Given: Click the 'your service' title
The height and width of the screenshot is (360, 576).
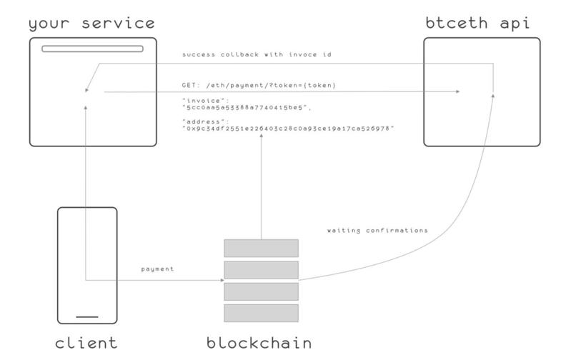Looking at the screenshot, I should tap(92, 23).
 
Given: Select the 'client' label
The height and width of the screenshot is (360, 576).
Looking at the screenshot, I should tap(86, 343).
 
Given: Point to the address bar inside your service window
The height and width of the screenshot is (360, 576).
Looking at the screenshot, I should tap(92, 49).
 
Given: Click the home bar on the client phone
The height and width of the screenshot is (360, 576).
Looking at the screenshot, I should tap(87, 316).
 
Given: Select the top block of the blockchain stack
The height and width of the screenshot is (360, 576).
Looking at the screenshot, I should tap(261, 248).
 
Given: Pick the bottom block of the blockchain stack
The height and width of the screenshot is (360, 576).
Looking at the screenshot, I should tap(261, 313).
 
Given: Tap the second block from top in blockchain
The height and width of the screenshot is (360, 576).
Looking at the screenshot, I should tap(261, 269).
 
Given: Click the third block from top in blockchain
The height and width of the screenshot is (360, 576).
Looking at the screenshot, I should tap(261, 291).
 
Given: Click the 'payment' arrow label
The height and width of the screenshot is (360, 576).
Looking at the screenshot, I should tap(158, 269).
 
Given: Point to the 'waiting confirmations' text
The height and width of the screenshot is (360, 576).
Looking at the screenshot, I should tap(377, 231).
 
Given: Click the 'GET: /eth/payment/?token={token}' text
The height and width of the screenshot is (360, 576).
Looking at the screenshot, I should tap(259, 85).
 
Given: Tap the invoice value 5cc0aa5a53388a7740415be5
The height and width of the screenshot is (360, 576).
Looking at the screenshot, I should tap(247, 106).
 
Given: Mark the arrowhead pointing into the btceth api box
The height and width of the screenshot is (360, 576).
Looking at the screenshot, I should tap(457, 91).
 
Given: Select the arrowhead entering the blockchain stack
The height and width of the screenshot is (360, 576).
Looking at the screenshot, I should tap(221, 280).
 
